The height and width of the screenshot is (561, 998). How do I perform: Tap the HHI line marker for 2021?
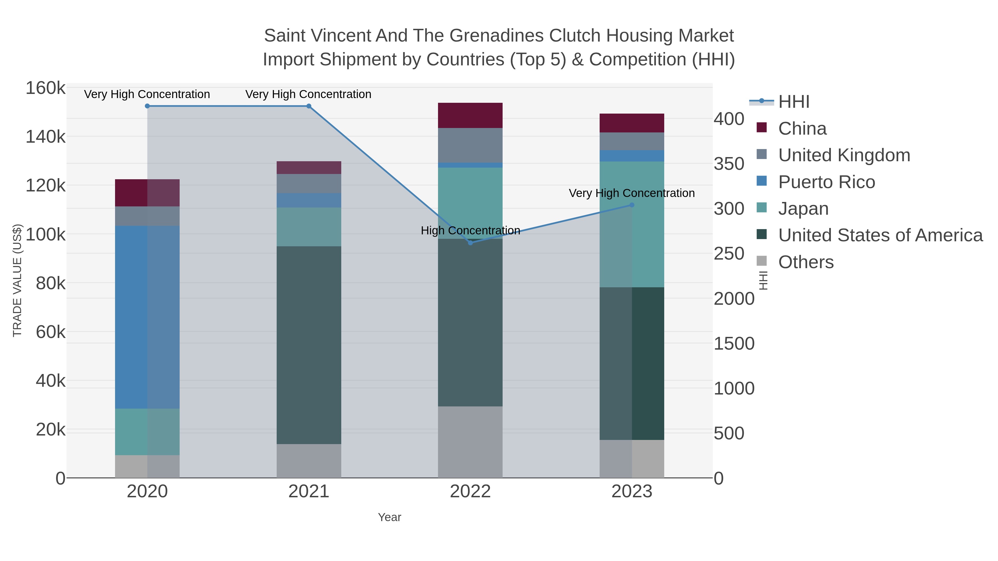309,106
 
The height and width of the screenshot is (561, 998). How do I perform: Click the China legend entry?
802,129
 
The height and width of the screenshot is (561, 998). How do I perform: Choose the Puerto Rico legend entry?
826,182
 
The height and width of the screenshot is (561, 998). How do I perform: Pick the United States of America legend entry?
880,235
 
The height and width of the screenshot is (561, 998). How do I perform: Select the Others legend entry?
806,262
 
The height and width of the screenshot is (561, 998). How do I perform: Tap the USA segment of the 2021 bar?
309,345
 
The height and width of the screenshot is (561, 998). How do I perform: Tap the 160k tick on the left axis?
45,88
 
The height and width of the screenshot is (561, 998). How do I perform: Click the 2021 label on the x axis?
309,492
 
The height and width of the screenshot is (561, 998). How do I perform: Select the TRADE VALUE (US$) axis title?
17,280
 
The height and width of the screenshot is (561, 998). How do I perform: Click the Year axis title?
389,517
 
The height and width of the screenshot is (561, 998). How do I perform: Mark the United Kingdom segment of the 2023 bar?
632,141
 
